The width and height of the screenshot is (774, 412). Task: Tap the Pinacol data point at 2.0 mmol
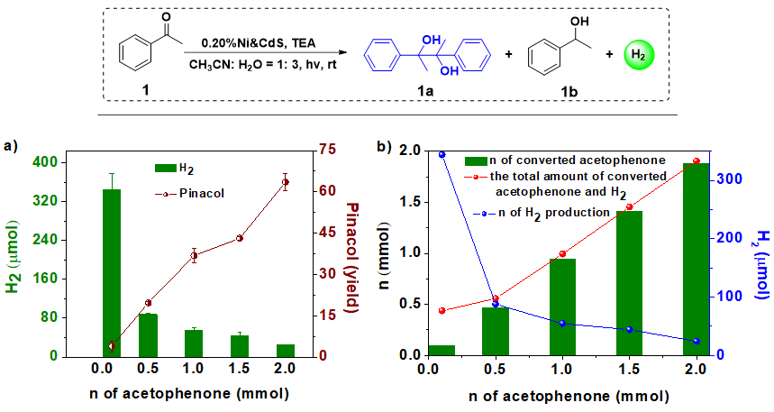click(x=286, y=182)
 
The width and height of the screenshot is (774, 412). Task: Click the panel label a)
click(x=12, y=145)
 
